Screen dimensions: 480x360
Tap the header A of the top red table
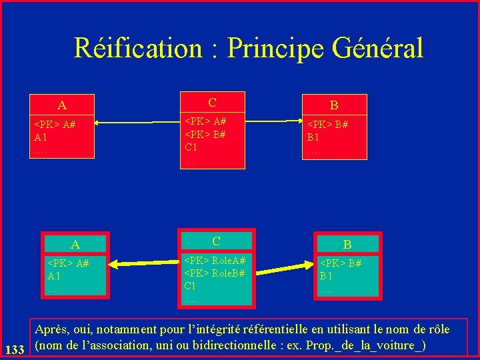tap(62, 105)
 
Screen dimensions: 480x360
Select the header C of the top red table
tap(212, 102)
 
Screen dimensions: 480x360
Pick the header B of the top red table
tap(334, 105)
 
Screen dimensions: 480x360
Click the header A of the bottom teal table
tap(75, 244)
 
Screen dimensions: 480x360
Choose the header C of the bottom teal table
tap(216, 241)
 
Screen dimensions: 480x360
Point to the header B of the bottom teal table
tap(347, 245)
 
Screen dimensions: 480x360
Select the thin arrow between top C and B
tap(270, 121)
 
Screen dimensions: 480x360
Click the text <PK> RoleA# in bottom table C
tap(215, 261)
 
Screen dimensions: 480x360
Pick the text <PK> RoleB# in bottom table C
tap(215, 273)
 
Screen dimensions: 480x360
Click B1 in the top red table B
tap(313, 137)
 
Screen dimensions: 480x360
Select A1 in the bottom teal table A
tap(54, 276)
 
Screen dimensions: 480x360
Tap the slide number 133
tap(15, 349)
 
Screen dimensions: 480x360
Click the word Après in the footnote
tap(53, 329)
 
